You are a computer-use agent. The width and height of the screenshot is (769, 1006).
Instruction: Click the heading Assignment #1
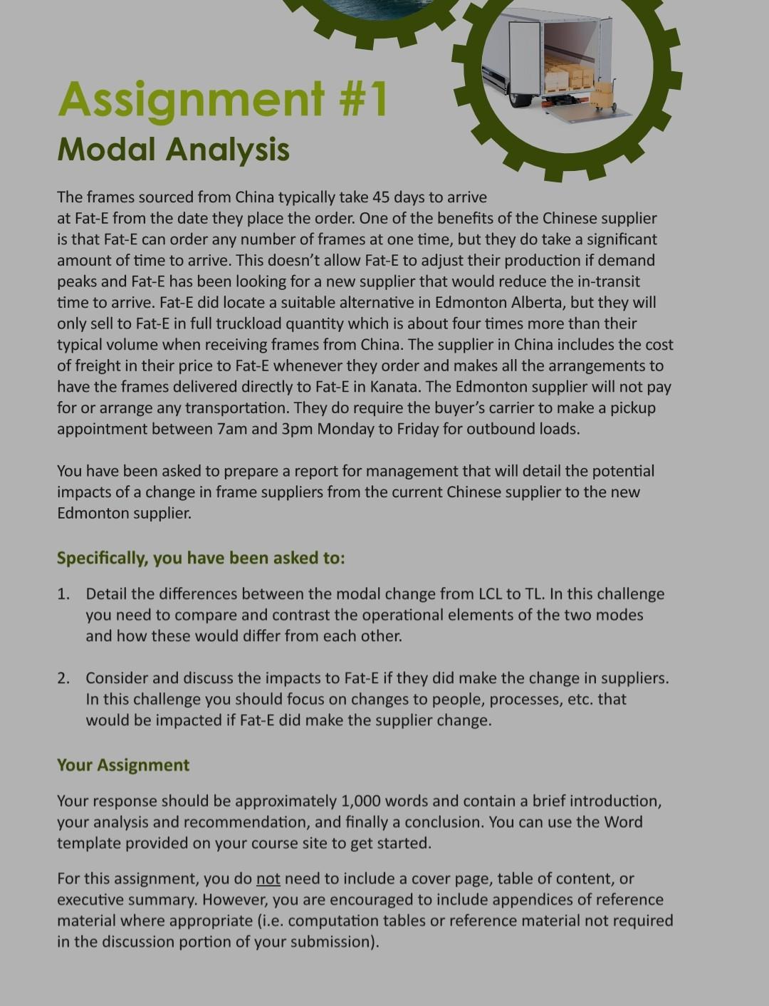coord(222,99)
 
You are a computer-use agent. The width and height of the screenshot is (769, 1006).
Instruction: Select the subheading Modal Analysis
coord(173,150)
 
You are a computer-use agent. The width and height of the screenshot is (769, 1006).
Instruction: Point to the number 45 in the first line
coord(381,197)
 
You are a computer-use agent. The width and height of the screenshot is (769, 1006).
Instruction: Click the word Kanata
coord(391,387)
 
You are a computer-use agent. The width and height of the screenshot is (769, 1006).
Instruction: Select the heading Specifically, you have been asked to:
coord(201,558)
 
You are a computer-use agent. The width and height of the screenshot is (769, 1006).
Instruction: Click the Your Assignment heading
coord(123,765)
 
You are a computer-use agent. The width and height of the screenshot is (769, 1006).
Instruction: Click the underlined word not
coord(268,878)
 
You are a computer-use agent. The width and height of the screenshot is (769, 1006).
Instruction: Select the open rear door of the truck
coord(525,57)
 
